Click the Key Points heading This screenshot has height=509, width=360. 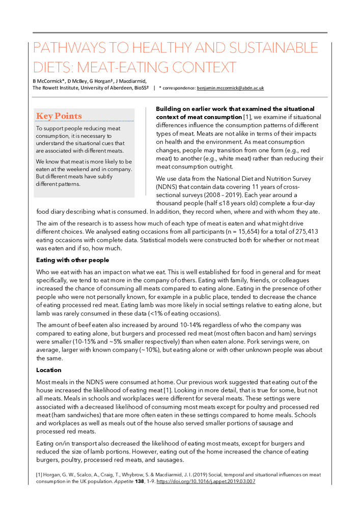tap(59, 116)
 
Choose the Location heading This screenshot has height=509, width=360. tap(49, 370)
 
